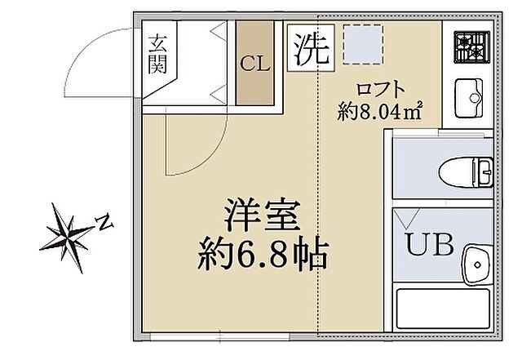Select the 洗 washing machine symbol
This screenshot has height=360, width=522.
[x=311, y=50]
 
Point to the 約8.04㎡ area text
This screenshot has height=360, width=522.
[x=380, y=111]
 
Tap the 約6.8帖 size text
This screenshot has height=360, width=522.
[x=263, y=257]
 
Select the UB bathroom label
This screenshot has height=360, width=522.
[x=431, y=244]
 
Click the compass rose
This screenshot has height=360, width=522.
[x=69, y=235]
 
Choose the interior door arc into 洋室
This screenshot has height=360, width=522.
[x=184, y=147]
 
